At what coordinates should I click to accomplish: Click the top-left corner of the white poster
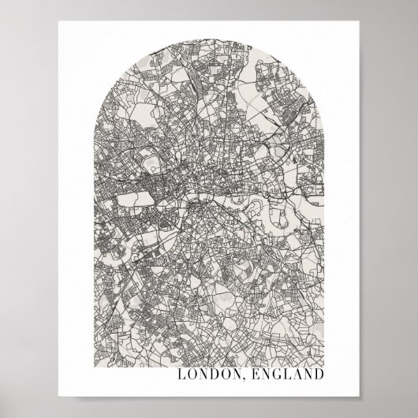point(59,22)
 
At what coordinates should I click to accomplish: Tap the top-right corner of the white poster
point(359,22)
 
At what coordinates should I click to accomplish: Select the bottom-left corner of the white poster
point(59,395)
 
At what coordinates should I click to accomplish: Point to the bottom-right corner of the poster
point(359,395)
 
